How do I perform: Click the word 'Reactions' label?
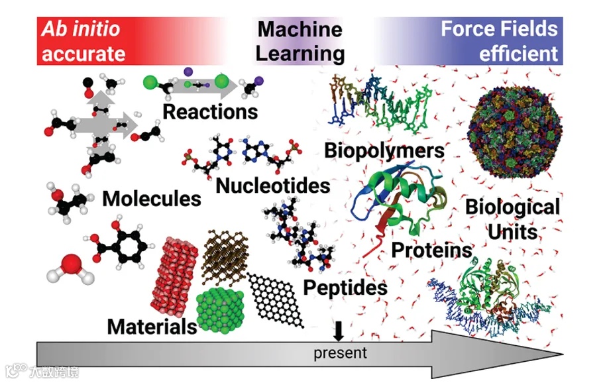pyautogui.click(x=210, y=111)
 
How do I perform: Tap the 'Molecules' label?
pyautogui.click(x=152, y=198)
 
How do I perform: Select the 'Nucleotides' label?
pyautogui.click(x=273, y=185)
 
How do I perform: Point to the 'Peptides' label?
pyautogui.click(x=345, y=287)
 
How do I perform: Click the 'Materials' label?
pyautogui.click(x=152, y=326)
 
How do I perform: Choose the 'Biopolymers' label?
pyautogui.click(x=384, y=150)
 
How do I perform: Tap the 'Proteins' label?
pyautogui.click(x=431, y=249)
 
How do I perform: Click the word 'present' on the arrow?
pyautogui.click(x=340, y=352)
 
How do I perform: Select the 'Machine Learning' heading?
pyautogui.click(x=300, y=41)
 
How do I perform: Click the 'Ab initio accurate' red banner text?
pyautogui.click(x=84, y=41)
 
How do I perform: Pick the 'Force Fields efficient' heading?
pyautogui.click(x=499, y=41)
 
